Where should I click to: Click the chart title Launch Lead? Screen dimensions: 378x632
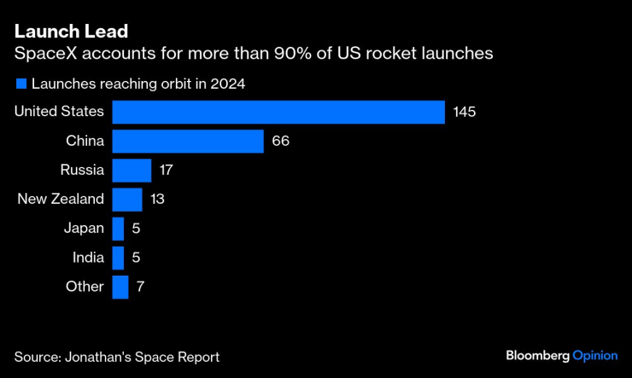pyautogui.click(x=71, y=32)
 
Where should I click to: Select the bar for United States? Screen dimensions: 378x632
pyautogui.click(x=278, y=113)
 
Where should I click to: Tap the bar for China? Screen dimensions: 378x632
pyautogui.click(x=188, y=142)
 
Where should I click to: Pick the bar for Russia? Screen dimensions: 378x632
pyautogui.click(x=132, y=171)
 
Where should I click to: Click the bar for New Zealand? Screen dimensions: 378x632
pyautogui.click(x=127, y=200)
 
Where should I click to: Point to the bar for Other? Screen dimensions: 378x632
pyautogui.click(x=120, y=287)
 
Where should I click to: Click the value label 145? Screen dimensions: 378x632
pyautogui.click(x=465, y=113)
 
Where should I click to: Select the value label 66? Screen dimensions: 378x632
pyautogui.click(x=281, y=142)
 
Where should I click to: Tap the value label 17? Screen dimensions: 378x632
pyautogui.click(x=166, y=171)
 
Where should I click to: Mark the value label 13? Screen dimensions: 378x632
pyautogui.click(x=156, y=200)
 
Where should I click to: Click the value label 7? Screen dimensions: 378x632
pyautogui.click(x=141, y=287)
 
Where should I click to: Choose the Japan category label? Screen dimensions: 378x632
pyautogui.click(x=84, y=229)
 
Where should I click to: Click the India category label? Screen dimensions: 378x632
pyautogui.click(x=86, y=258)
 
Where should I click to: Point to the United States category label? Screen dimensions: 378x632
pyautogui.click(x=60, y=112)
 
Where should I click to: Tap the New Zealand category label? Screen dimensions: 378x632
pyautogui.click(x=61, y=200)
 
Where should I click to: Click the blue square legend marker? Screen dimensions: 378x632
pyautogui.click(x=20, y=84)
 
